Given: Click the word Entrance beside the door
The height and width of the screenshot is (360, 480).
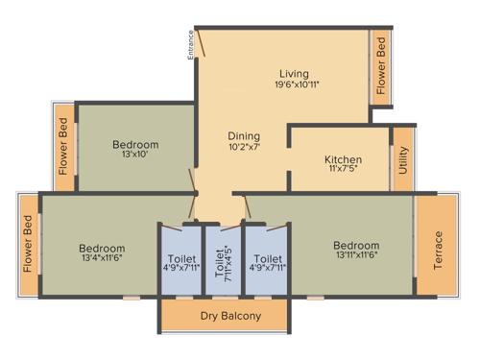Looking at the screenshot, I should point(191,45).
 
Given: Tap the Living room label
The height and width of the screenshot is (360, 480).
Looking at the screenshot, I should point(294,73).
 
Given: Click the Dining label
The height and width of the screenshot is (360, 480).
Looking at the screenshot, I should point(244,135).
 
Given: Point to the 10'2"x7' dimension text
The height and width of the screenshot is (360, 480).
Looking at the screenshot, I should point(244,147).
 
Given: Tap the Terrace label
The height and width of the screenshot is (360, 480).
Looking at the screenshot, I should point(438,249).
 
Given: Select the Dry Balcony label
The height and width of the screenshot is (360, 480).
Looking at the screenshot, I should point(225,315).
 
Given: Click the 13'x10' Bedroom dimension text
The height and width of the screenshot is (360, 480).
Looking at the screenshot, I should point(135,156).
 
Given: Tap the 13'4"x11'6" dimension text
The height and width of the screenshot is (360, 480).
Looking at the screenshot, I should point(100,256).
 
